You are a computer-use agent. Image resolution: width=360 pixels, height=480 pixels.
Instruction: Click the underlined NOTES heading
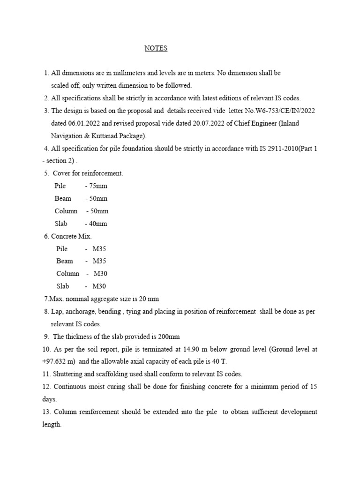156,48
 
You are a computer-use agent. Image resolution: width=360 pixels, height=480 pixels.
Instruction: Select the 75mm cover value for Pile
98,186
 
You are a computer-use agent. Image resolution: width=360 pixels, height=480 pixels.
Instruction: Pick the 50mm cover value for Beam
98,198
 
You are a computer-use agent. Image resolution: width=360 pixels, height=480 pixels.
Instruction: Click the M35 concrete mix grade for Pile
99,248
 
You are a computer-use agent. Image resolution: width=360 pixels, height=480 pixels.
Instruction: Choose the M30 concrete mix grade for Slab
99,286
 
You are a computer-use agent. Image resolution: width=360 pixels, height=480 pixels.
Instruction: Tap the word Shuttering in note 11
71,374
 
